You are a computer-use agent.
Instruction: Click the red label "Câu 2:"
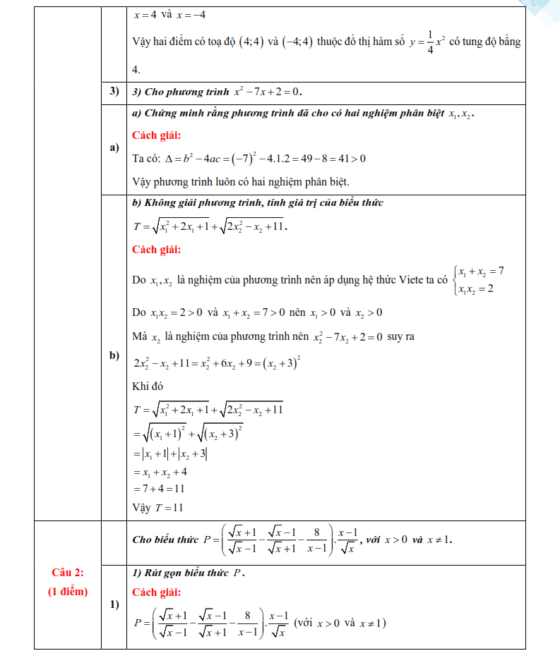click(x=68, y=573)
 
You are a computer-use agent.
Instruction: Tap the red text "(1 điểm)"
click(x=68, y=591)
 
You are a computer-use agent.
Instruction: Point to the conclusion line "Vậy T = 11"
click(x=157, y=506)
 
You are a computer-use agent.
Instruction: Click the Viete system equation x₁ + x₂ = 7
click(x=479, y=272)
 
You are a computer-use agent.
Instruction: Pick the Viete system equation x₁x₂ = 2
click(x=475, y=289)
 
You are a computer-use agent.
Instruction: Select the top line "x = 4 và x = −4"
click(x=169, y=13)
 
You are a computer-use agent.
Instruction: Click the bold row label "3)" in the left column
click(x=113, y=92)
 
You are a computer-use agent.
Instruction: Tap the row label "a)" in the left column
click(x=113, y=148)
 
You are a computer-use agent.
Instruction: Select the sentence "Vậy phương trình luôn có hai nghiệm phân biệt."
click(x=241, y=181)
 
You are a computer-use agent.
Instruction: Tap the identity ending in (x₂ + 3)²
click(x=218, y=364)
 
